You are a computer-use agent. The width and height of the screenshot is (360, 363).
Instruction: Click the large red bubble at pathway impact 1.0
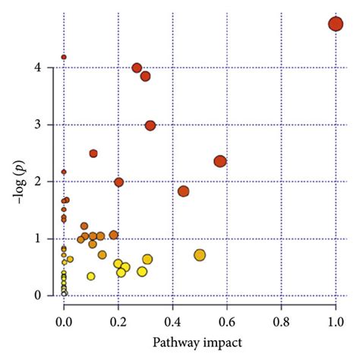click(336, 24)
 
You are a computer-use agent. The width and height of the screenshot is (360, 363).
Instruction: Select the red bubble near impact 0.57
click(220, 161)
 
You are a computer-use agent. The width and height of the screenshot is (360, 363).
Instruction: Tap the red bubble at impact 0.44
click(183, 191)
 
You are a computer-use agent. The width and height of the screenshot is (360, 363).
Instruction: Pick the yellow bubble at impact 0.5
click(200, 255)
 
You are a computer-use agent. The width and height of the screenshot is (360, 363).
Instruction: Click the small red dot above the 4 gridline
click(64, 57)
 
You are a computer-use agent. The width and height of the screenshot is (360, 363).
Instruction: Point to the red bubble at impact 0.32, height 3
click(150, 125)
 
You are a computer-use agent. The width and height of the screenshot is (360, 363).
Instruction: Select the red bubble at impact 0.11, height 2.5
click(93, 153)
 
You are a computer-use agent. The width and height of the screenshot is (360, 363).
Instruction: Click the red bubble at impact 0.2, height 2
click(118, 182)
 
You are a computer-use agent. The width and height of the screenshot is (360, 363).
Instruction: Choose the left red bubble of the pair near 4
click(137, 68)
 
